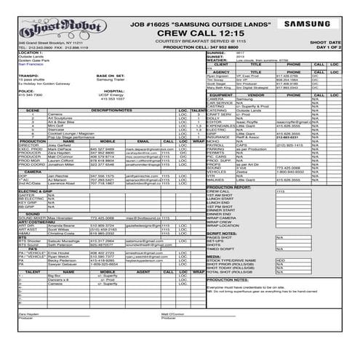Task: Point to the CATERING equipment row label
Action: point(219,110)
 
